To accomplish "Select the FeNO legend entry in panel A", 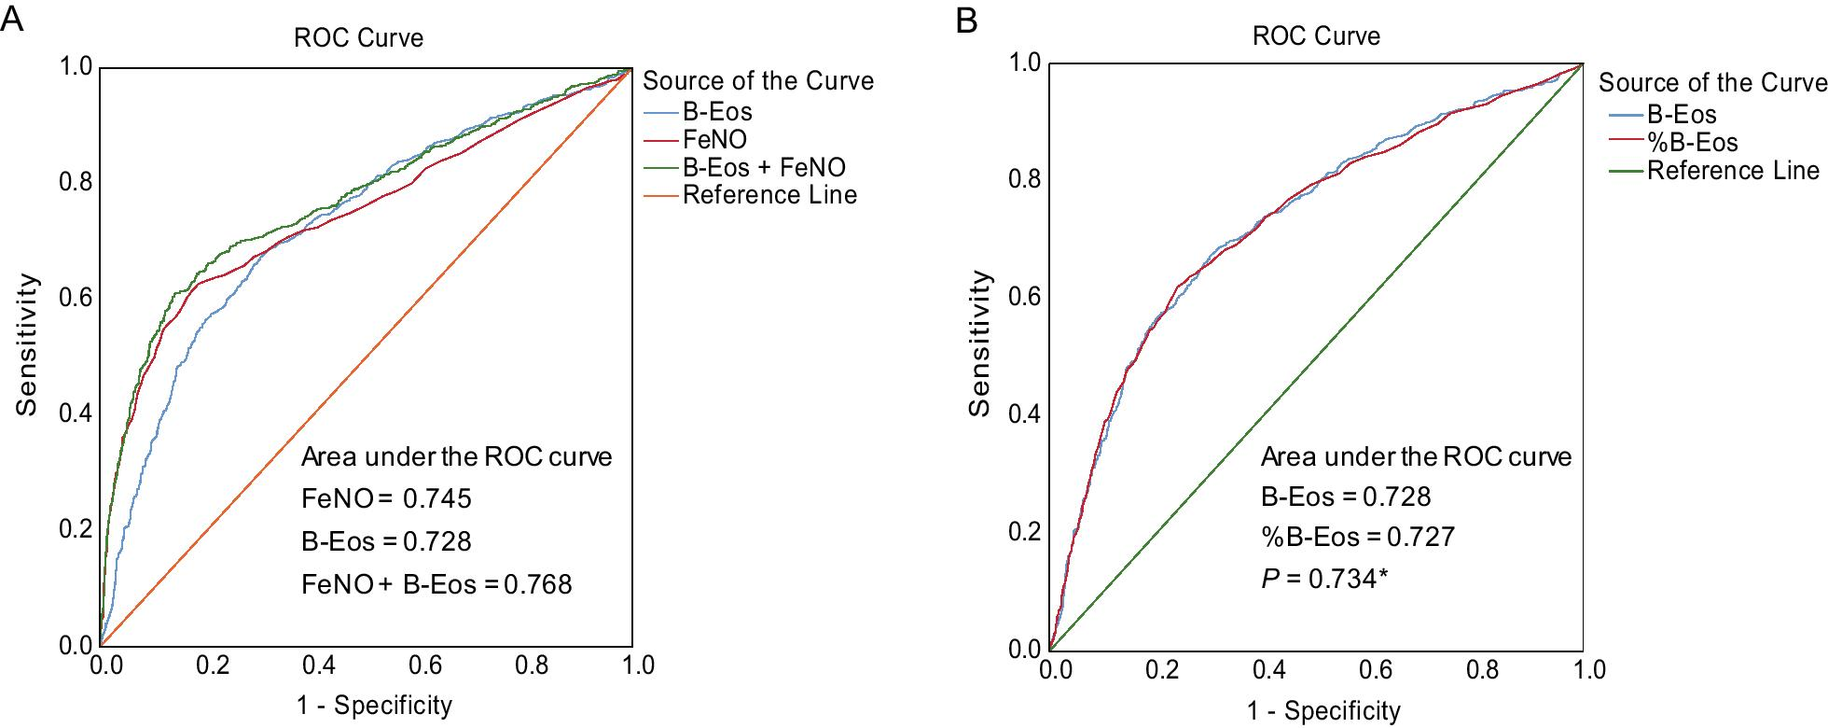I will (x=714, y=140).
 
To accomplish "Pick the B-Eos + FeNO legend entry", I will (x=764, y=168).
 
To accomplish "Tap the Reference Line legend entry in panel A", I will (x=769, y=195).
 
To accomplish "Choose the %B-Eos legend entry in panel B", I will (x=1693, y=143).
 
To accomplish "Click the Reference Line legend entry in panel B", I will (x=1733, y=171).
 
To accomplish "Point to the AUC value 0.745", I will (x=437, y=499).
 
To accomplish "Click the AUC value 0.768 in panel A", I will (x=538, y=585).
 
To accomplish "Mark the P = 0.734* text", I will (x=1324, y=580).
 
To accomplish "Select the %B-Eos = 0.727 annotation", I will (x=1357, y=538).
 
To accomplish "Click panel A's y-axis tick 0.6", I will (x=76, y=298).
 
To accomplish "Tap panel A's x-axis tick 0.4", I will (x=319, y=665).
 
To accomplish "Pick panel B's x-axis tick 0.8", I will (x=1482, y=669).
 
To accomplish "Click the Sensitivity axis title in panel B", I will (x=979, y=343).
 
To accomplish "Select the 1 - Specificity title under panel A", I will (x=374, y=706).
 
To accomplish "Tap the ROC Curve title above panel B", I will (x=1316, y=36).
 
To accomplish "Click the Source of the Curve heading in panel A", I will (x=758, y=81).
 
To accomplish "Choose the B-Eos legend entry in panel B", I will (x=1682, y=115).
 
